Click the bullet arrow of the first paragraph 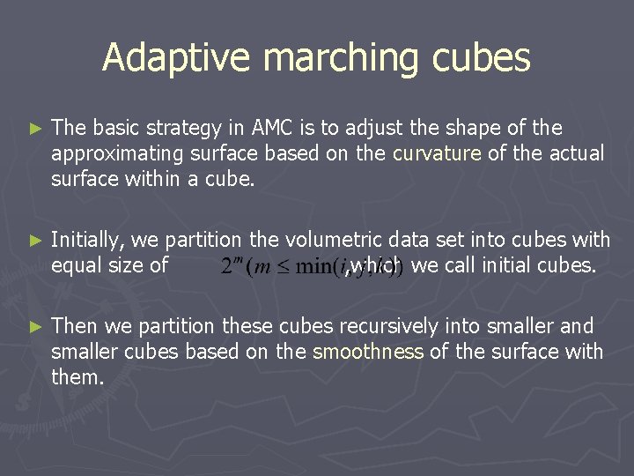coord(35,129)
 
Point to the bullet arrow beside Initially coord(35,240)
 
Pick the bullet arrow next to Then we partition coord(35,326)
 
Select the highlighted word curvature coord(437,153)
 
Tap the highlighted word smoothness coord(368,352)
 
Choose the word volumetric coord(331,239)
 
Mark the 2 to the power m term coord(231,265)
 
